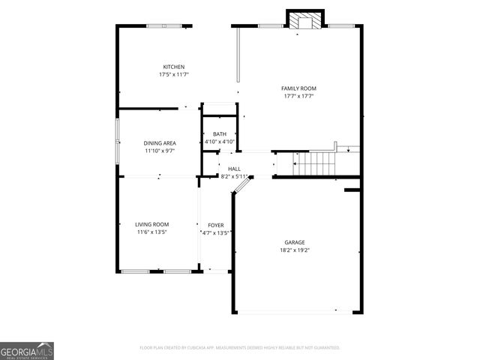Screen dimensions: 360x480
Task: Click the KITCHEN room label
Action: pyautogui.click(x=174, y=67)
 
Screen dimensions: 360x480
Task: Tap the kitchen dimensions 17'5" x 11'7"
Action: pyautogui.click(x=174, y=75)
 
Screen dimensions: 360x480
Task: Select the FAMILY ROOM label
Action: pyautogui.click(x=298, y=88)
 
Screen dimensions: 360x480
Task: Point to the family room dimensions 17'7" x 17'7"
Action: pyautogui.click(x=298, y=96)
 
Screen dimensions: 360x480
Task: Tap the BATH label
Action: pyautogui.click(x=220, y=134)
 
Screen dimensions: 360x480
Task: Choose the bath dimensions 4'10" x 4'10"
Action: pyautogui.click(x=220, y=142)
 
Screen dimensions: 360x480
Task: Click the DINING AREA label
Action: pyautogui.click(x=160, y=142)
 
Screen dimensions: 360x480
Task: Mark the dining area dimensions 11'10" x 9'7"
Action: pyautogui.click(x=160, y=151)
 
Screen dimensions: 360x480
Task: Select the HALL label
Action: pyautogui.click(x=235, y=169)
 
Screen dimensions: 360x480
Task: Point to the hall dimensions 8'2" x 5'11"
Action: pyautogui.click(x=235, y=176)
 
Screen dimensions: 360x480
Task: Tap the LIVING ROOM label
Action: pyautogui.click(x=151, y=224)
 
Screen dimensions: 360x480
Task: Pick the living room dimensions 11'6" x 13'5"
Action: pyautogui.click(x=151, y=232)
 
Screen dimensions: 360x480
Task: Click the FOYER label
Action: pyautogui.click(x=216, y=225)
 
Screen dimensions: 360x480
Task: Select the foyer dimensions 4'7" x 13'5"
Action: pyautogui.click(x=216, y=233)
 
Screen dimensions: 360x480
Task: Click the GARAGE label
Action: pyautogui.click(x=294, y=242)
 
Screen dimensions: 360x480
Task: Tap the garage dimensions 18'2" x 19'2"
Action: pyautogui.click(x=294, y=250)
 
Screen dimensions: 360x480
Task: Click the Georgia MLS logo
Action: pyautogui.click(x=27, y=350)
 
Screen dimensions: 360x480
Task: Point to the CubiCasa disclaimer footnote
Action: pyautogui.click(x=240, y=348)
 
